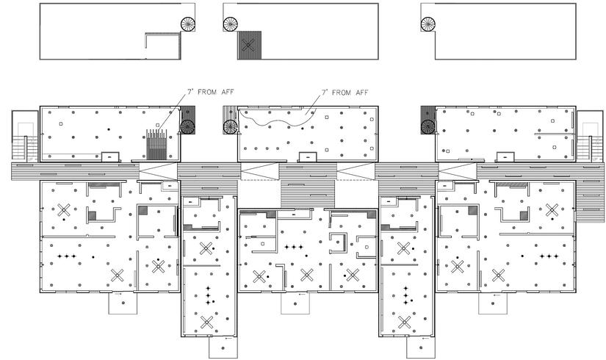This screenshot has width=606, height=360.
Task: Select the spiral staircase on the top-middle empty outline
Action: coord(231,25)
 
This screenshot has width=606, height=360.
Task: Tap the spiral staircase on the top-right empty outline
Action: coord(428,25)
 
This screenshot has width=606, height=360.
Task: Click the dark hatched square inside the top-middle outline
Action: coord(248,46)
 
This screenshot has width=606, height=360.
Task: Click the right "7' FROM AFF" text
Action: coord(345,93)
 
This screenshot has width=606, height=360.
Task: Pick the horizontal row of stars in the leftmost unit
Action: coord(67,256)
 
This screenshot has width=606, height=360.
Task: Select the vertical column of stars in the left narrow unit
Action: coord(208,295)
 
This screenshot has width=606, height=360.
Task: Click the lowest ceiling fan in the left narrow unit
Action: coord(208,321)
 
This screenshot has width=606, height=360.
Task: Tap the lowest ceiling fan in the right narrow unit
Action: coord(405,321)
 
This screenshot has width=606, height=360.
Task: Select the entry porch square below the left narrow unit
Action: coord(221,348)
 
